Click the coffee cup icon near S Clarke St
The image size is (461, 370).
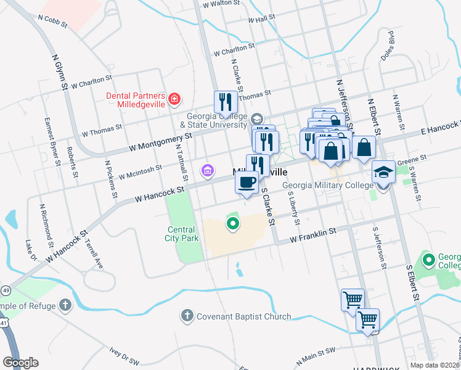tap(247, 183)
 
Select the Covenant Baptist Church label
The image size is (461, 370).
tap(243, 316)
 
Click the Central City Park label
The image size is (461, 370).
tap(183, 234)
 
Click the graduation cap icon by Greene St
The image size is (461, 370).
tap(383, 173)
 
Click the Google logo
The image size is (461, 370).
tap(20, 363)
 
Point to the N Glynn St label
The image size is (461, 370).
tap(59, 72)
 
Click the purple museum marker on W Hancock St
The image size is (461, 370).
tap(208, 170)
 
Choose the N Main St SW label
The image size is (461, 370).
tap(316, 355)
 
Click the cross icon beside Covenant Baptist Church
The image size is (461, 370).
tap(187, 316)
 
